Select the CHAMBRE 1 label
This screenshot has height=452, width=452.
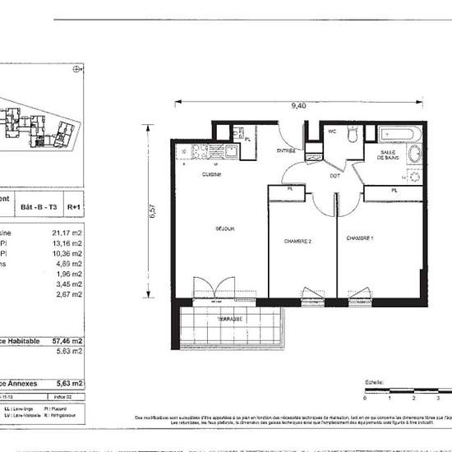[x=359, y=238]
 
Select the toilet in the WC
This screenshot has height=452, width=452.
[x=351, y=136]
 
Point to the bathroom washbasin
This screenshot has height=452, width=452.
[x=413, y=155]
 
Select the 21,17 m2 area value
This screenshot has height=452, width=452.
[x=67, y=233]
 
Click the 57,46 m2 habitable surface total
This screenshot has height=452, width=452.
[x=67, y=338]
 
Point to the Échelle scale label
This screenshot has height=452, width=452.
[x=375, y=383]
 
